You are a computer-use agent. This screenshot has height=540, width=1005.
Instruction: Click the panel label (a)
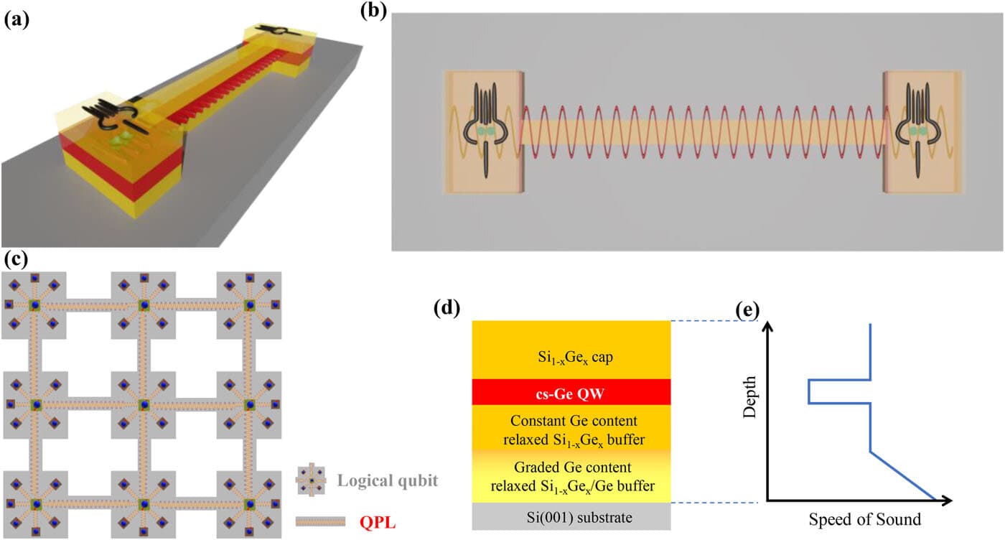pos(17,20)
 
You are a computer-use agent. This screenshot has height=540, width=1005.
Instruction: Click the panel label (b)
pos(373,10)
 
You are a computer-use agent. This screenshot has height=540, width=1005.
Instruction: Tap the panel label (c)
pos(16,259)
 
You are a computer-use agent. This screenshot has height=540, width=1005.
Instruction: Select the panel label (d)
pos(447,308)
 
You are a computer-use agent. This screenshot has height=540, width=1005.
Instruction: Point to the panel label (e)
pos(747,309)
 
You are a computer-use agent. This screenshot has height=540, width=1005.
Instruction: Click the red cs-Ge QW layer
pos(571,392)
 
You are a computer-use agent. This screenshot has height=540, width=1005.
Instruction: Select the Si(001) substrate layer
pos(571,516)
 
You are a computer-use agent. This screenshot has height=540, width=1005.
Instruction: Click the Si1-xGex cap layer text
pos(575,358)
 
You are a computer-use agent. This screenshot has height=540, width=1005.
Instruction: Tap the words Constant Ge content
pos(574,421)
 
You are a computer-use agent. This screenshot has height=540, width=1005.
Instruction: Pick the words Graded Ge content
pos(573,467)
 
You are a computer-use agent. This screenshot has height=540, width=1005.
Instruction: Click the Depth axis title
pos(749,397)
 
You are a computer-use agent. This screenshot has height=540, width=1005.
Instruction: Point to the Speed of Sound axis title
pos(864,519)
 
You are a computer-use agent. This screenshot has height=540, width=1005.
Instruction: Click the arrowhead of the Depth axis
pos(768,325)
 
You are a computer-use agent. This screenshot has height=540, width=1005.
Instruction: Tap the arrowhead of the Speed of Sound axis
pos(947,501)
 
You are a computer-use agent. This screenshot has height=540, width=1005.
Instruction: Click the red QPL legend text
pos(378,523)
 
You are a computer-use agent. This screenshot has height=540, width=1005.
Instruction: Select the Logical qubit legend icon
pos(311,480)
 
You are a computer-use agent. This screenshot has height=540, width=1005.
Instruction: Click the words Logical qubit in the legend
pos(387,480)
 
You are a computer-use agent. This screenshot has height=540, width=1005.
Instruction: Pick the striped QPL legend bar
pos(320,521)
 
